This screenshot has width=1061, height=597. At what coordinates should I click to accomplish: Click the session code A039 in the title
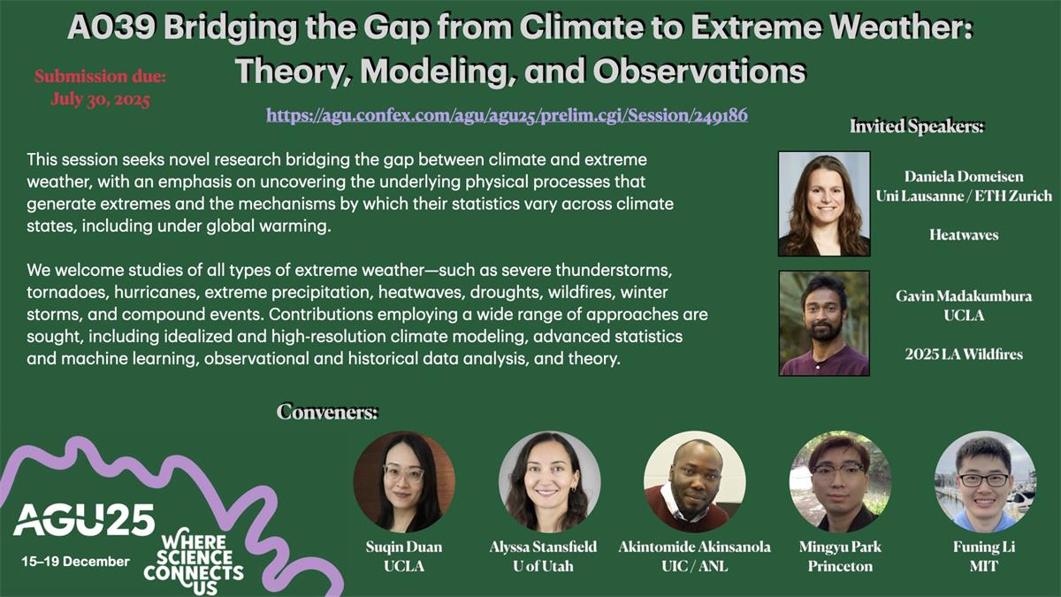coord(111,27)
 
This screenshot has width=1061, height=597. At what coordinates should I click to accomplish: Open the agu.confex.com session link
coord(507,116)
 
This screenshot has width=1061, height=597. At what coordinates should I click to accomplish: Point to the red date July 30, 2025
coord(101,99)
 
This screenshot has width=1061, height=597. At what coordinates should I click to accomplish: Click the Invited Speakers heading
coord(917,126)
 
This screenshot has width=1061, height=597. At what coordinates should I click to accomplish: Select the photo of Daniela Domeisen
coord(824,203)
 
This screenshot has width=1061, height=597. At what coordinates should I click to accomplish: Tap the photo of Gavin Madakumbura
coord(824,323)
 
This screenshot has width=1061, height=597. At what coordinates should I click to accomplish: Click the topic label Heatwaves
coord(964,235)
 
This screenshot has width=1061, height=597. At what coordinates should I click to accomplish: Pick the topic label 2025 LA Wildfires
coord(964,355)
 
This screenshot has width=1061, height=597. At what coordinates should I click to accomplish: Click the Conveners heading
coord(327,412)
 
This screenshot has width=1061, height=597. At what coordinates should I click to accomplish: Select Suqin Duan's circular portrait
coord(404,482)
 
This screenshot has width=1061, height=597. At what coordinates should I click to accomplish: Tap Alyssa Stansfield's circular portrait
coord(549,482)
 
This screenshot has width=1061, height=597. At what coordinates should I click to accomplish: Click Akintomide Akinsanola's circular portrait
coord(694,482)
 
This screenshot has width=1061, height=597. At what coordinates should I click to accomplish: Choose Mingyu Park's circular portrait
coord(840,482)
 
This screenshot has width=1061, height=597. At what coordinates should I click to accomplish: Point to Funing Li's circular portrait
coord(985,482)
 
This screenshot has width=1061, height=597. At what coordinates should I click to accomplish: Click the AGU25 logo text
coord(84,520)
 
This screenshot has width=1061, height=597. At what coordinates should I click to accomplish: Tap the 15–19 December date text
coord(75,562)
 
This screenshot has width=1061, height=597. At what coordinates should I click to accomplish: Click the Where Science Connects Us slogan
coord(194,564)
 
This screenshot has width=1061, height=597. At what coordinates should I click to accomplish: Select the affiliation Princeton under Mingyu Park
coord(840,566)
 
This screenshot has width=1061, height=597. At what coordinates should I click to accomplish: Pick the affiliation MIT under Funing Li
coord(984,566)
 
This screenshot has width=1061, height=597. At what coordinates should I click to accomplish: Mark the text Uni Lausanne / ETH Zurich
coord(964,196)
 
